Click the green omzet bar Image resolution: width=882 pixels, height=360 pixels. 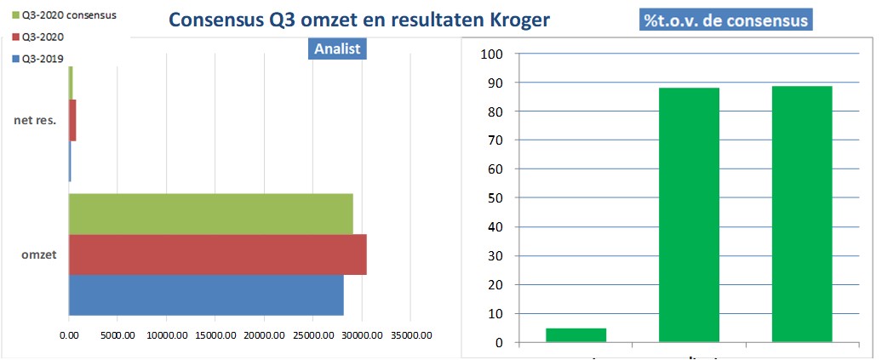click(x=210, y=214)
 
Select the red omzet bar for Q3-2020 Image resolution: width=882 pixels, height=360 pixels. click(x=217, y=254)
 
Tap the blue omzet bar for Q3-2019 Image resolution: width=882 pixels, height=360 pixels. click(x=206, y=294)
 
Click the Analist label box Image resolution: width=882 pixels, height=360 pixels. click(x=337, y=49)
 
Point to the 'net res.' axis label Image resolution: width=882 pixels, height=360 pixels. click(x=35, y=120)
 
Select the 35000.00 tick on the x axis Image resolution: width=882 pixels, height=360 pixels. click(x=409, y=335)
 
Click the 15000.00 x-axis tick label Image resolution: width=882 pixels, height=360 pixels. click(x=213, y=335)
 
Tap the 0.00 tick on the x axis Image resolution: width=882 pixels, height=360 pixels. click(x=69, y=335)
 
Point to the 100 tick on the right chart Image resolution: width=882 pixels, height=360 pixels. click(x=493, y=54)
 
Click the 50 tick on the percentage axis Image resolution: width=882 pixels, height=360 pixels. click(x=496, y=198)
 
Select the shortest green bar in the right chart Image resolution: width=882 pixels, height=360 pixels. click(x=576, y=335)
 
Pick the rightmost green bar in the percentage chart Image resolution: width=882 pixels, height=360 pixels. click(x=801, y=214)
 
